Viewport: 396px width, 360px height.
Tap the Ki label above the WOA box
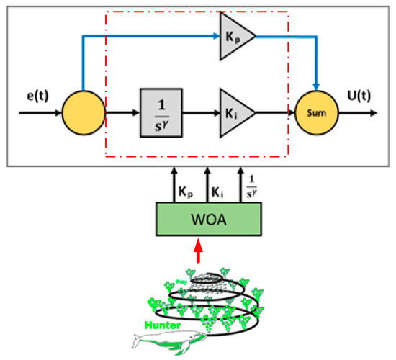[216, 192]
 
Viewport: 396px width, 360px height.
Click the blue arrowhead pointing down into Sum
[314, 88]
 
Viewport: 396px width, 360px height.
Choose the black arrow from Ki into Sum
[274, 113]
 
